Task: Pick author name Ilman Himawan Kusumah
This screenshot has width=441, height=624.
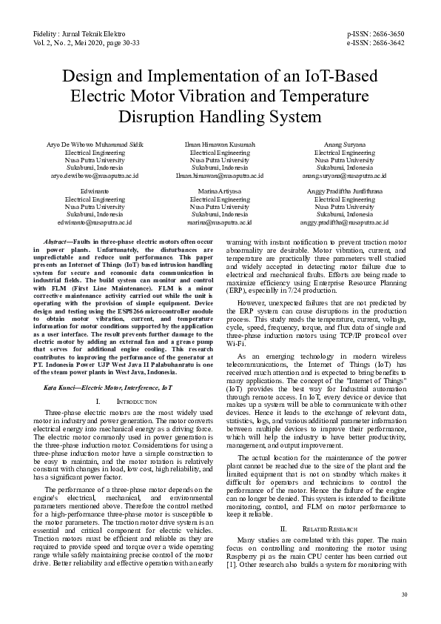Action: click(x=220, y=144)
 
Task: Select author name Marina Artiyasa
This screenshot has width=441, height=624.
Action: click(x=220, y=190)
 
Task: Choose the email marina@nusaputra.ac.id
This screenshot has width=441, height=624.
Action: click(x=220, y=222)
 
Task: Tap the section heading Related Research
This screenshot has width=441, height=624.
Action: click(x=330, y=529)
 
